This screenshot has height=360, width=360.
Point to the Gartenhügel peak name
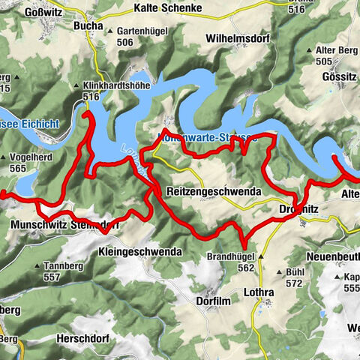142,31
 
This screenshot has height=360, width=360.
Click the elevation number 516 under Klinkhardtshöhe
92,97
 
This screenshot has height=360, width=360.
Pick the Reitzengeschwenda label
214,192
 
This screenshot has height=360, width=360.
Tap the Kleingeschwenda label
140,253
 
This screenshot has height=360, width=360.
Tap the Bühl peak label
295,272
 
